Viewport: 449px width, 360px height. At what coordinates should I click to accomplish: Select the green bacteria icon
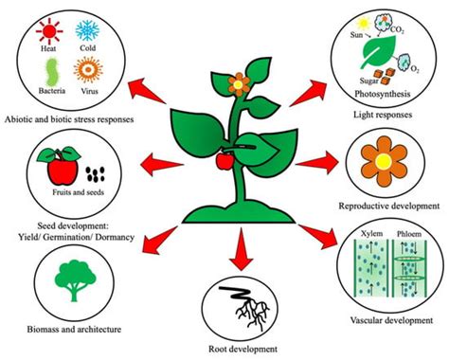click(52, 72)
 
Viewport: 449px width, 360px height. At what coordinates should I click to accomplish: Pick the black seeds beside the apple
click(92, 173)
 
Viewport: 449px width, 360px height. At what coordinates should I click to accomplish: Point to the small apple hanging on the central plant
click(224, 161)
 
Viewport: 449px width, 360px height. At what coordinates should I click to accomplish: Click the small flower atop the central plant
click(238, 83)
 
